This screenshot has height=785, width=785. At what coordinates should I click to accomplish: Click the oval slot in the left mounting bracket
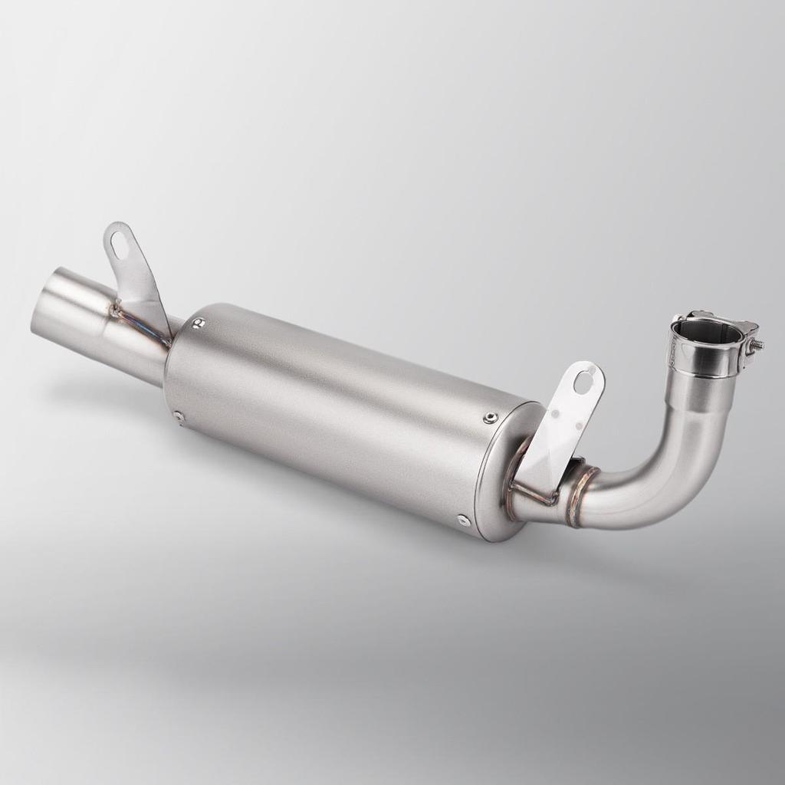pos(120,245)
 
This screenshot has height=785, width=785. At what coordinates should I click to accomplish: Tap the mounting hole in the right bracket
pos(584,380)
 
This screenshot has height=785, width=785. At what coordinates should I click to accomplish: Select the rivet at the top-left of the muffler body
pos(199,324)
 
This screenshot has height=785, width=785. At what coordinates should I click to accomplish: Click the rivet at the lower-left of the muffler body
pos(179,416)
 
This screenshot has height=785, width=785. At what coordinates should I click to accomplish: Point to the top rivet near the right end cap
pos(489,418)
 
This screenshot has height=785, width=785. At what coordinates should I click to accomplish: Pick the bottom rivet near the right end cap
pos(463,520)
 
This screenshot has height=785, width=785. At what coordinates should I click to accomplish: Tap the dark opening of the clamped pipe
pos(706,334)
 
